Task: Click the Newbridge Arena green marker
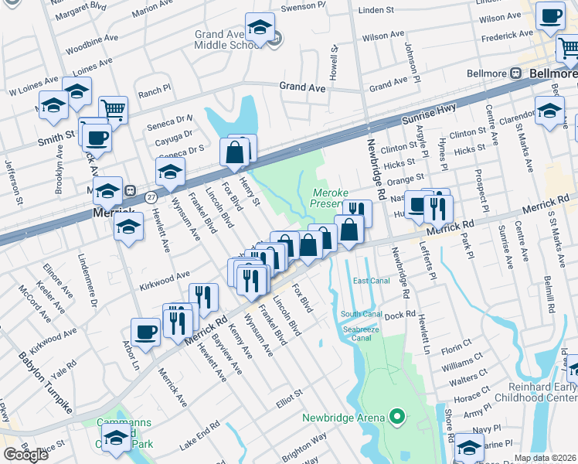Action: [x=397, y=418]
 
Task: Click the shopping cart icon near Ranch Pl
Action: [x=114, y=110]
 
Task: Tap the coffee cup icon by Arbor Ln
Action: [x=145, y=333]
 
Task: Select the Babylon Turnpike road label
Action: [x=45, y=383]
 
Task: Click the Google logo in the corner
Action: [x=25, y=455]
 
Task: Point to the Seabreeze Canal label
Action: [x=362, y=332]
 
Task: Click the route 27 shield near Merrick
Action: [x=131, y=190]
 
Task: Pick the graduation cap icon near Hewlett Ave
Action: [x=129, y=227]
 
